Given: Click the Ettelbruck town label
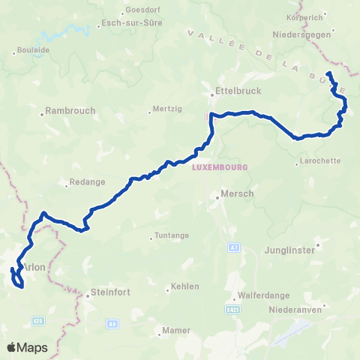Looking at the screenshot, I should point(231,89).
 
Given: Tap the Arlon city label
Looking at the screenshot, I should point(34,267).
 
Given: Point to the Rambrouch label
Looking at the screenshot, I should point(70,110).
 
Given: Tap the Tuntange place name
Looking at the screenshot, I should point(171,235).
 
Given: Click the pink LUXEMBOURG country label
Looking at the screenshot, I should point(213,167).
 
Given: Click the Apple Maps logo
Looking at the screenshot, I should point(28,347).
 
